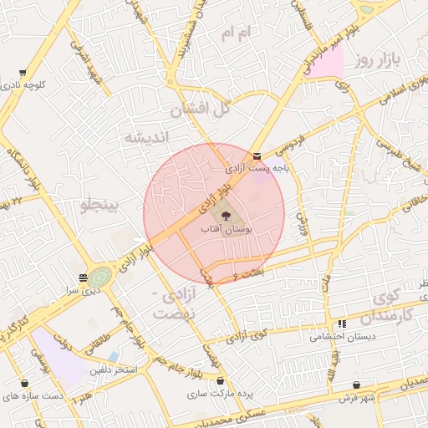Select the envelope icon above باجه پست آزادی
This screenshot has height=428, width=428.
pyautogui.click(x=257, y=155)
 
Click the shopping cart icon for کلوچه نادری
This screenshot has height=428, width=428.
pyautogui.click(x=22, y=73)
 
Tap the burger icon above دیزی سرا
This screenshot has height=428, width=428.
pyautogui.click(x=83, y=277)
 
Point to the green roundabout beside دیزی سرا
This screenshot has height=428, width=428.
pyautogui.click(x=100, y=275)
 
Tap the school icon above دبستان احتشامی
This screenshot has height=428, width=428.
pyautogui.click(x=341, y=324)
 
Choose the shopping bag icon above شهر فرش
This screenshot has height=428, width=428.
pyautogui.click(x=357, y=385)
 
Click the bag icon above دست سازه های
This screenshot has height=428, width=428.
pyautogui.click(x=24, y=384)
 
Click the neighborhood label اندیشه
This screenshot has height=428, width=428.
pyautogui.click(x=146, y=137)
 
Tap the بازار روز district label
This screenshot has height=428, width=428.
pyautogui.click(x=377, y=60)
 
